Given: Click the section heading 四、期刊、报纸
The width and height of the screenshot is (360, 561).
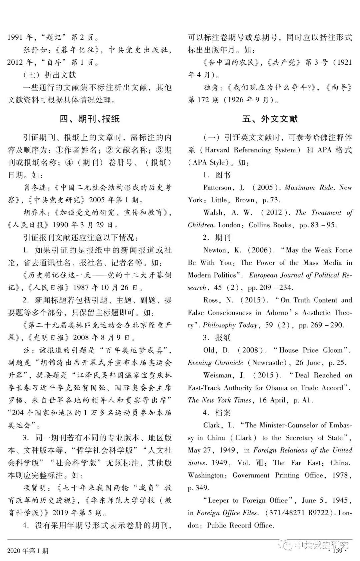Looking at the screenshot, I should pyautogui.click(x=89, y=119).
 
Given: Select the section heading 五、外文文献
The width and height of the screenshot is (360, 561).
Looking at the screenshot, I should pyautogui.click(x=270, y=119).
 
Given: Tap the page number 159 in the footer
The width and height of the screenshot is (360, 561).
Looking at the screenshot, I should pyautogui.click(x=337, y=550).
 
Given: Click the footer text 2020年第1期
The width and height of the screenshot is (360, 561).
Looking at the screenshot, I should pyautogui.click(x=28, y=551).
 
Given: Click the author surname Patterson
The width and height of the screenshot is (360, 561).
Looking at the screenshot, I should pyautogui.click(x=218, y=187).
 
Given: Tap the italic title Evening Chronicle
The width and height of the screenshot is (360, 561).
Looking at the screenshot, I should pyautogui.click(x=215, y=363).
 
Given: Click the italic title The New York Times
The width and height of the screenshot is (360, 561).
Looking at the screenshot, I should pyautogui.click(x=219, y=400).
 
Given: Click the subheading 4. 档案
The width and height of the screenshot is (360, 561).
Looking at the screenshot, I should pyautogui.click(x=217, y=413).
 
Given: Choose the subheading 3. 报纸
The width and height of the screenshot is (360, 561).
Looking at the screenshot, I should pyautogui.click(x=217, y=337).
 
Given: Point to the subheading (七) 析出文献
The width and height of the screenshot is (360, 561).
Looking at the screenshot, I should pyautogui.click(x=50, y=75).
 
